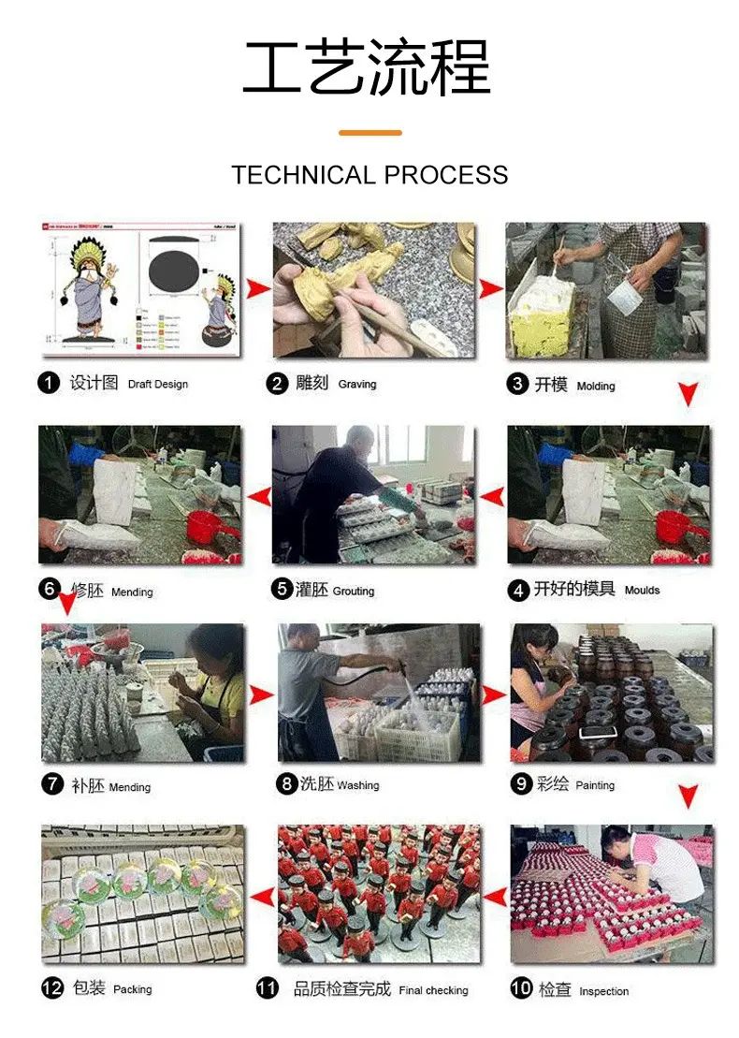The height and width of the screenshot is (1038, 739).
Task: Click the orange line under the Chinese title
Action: (369, 132)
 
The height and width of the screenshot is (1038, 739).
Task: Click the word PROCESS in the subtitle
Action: (446, 175)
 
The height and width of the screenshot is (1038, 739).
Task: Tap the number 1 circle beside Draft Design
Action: (49, 383)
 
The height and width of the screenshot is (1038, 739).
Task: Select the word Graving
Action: (357, 384)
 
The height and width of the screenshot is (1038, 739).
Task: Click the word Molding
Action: (596, 386)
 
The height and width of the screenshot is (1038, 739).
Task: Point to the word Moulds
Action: (642, 590)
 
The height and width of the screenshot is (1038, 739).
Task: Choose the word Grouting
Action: (354, 591)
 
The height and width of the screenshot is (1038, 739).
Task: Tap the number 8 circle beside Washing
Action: (286, 783)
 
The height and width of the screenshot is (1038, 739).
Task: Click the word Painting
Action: (595, 785)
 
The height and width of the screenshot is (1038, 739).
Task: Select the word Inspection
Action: (603, 991)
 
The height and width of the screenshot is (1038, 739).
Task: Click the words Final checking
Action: (433, 990)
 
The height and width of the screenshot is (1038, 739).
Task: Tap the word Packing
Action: (132, 989)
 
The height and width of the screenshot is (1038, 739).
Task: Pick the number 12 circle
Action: (52, 988)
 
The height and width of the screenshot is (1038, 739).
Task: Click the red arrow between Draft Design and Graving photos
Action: (258, 288)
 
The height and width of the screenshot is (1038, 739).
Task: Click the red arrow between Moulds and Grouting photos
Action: (492, 496)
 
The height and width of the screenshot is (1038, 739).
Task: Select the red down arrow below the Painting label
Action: (688, 796)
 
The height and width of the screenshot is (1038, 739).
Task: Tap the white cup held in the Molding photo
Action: (624, 297)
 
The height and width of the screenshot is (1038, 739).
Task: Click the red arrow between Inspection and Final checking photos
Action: (496, 897)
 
